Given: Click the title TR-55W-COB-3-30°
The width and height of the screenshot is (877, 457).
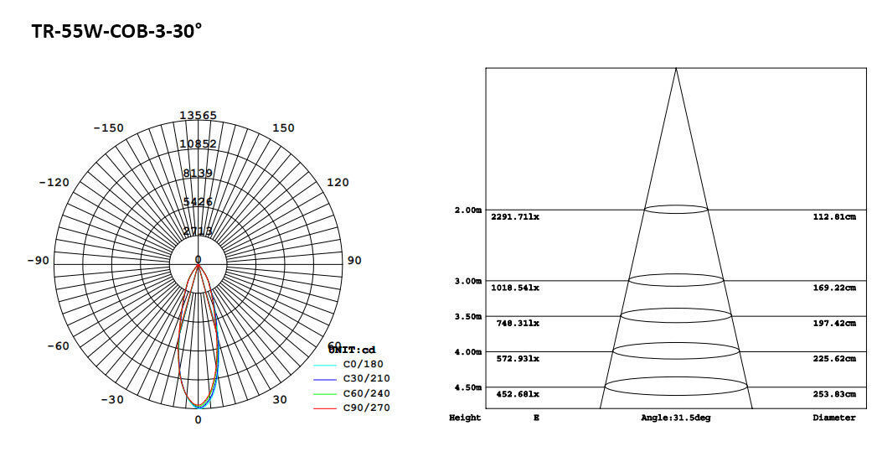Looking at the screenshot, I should (116, 32).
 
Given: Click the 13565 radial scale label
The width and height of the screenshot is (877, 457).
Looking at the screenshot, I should (199, 116).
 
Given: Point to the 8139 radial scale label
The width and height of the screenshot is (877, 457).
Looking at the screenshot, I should (199, 173).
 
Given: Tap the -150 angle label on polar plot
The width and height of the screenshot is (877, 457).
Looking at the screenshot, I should (108, 128).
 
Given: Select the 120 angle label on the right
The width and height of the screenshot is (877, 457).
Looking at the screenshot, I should (338, 183).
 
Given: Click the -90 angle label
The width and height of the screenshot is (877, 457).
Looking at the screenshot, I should (38, 261).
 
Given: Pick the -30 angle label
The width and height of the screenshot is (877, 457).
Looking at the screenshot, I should (112, 399).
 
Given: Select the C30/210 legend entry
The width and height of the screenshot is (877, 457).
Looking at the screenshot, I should (366, 379).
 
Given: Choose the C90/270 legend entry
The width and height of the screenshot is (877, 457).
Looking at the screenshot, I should (366, 408).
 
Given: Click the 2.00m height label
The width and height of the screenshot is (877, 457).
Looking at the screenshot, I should (467, 210).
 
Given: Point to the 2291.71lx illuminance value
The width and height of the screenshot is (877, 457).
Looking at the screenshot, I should (515, 217).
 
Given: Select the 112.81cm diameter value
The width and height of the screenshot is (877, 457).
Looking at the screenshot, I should (834, 217).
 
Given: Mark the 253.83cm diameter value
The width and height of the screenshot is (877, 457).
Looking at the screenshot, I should (834, 394).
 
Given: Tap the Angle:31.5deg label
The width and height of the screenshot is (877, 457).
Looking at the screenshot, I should (675, 418).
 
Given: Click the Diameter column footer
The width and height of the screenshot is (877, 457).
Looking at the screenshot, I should (834, 418).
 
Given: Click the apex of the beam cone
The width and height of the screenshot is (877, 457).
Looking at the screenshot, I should (676, 69).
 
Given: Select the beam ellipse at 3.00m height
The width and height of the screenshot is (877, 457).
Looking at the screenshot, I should (676, 280).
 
